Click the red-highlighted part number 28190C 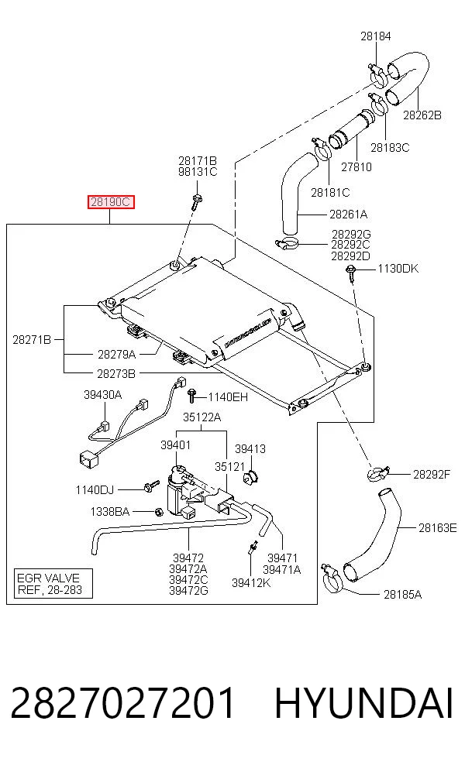coord(110,201)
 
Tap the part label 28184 coord(376,36)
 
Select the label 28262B coord(422,115)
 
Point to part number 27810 coord(356,166)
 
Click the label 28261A coord(348,215)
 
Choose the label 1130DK coord(398,269)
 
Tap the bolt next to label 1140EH coord(192,396)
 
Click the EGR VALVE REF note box coord(53,583)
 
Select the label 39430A coord(102,395)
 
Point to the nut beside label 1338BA coord(158,512)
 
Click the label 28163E coord(438,528)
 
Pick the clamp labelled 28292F coord(378,473)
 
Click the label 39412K coord(251,582)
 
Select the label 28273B coord(116,374)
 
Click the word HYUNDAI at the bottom coord(363,702)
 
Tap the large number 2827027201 coord(122,702)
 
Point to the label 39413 coord(250,448)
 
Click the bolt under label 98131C coord(198,201)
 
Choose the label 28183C coord(390,148)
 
